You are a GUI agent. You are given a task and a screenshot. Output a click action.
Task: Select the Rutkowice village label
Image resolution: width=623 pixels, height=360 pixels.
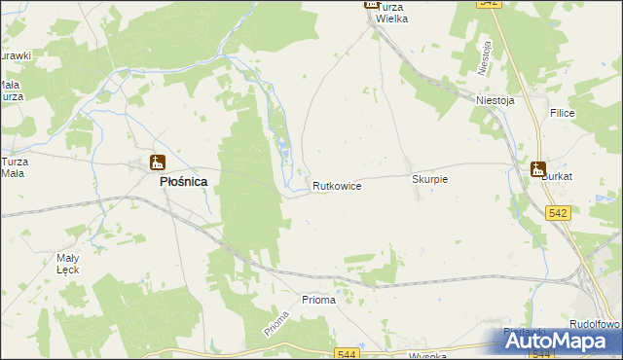pos(337,185)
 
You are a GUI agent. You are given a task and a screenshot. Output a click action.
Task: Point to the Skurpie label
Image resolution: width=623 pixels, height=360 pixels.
pos(429,180)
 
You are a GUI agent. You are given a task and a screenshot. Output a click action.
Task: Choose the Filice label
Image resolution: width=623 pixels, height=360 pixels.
pos(563,114)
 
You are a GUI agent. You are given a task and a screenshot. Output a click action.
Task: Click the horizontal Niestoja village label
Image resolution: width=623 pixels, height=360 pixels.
pos(495,99)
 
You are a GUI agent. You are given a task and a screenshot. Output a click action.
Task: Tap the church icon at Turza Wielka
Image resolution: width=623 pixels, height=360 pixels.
pos(371,4)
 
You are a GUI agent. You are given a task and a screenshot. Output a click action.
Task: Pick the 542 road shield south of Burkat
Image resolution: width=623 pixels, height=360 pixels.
pos(558,213)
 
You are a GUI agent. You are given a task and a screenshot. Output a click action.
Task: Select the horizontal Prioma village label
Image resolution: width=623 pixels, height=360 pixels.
pos(318,300)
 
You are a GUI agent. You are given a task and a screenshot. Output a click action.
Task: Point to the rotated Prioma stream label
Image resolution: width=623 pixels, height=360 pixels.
pos(276,323)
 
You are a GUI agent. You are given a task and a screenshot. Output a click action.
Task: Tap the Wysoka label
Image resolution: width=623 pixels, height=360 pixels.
pos(427,355)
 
